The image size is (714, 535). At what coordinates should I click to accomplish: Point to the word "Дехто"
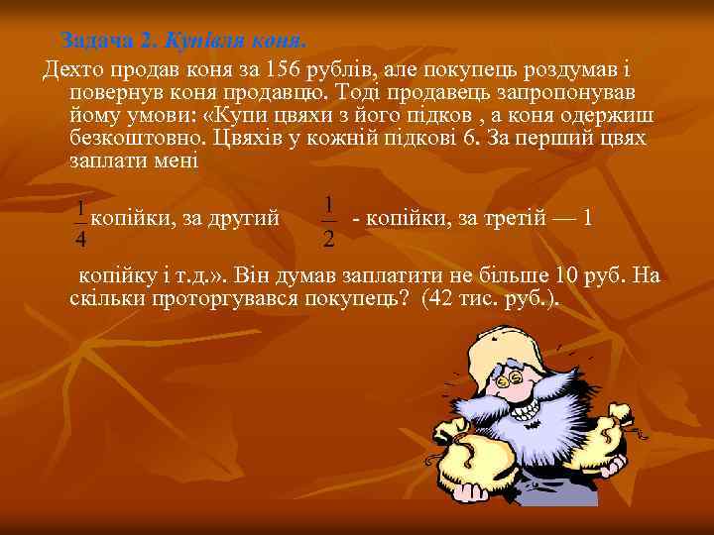(70, 71)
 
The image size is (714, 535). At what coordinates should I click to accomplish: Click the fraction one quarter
(80, 225)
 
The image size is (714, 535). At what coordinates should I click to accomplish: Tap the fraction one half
(328, 221)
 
